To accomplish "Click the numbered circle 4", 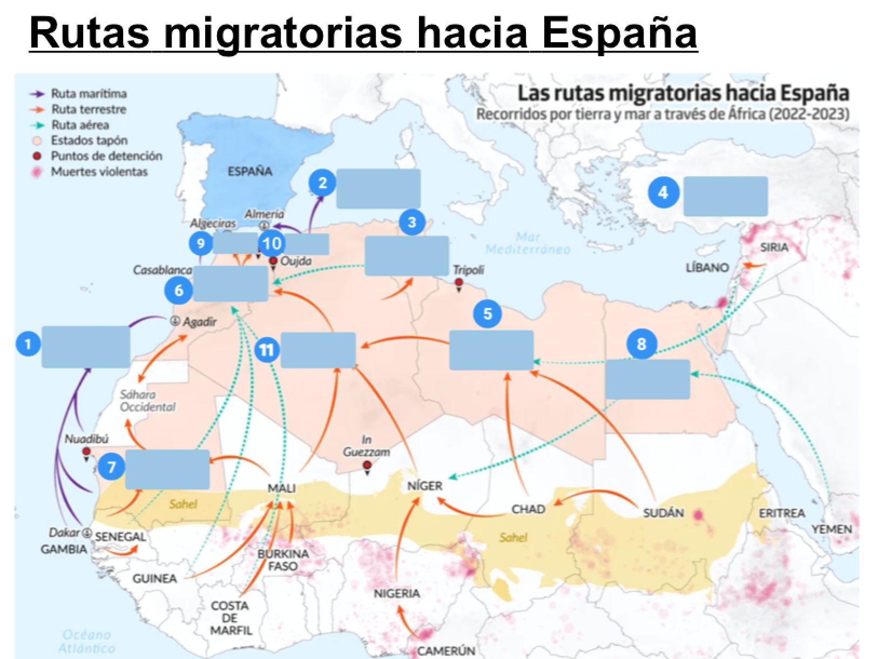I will click(663, 192).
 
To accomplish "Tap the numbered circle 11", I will click(266, 350).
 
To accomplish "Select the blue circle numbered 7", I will click(112, 466).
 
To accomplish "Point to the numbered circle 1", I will click(28, 344).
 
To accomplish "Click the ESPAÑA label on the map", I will click(249, 171).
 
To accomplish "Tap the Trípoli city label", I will click(468, 270).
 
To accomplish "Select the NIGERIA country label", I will click(396, 593).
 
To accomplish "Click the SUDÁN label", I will click(664, 513).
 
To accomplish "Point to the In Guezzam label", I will click(366, 446).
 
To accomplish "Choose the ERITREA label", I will click(781, 513).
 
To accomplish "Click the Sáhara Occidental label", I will click(147, 401).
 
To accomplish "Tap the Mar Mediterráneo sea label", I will click(528, 243).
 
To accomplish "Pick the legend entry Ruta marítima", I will click(89, 93).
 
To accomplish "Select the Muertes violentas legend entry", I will click(99, 172).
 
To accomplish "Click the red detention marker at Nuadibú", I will click(86, 452).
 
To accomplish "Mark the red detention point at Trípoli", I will click(458, 283).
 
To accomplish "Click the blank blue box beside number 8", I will click(647, 379).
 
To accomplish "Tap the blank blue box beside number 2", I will click(378, 189).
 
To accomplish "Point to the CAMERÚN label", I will click(446, 651).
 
